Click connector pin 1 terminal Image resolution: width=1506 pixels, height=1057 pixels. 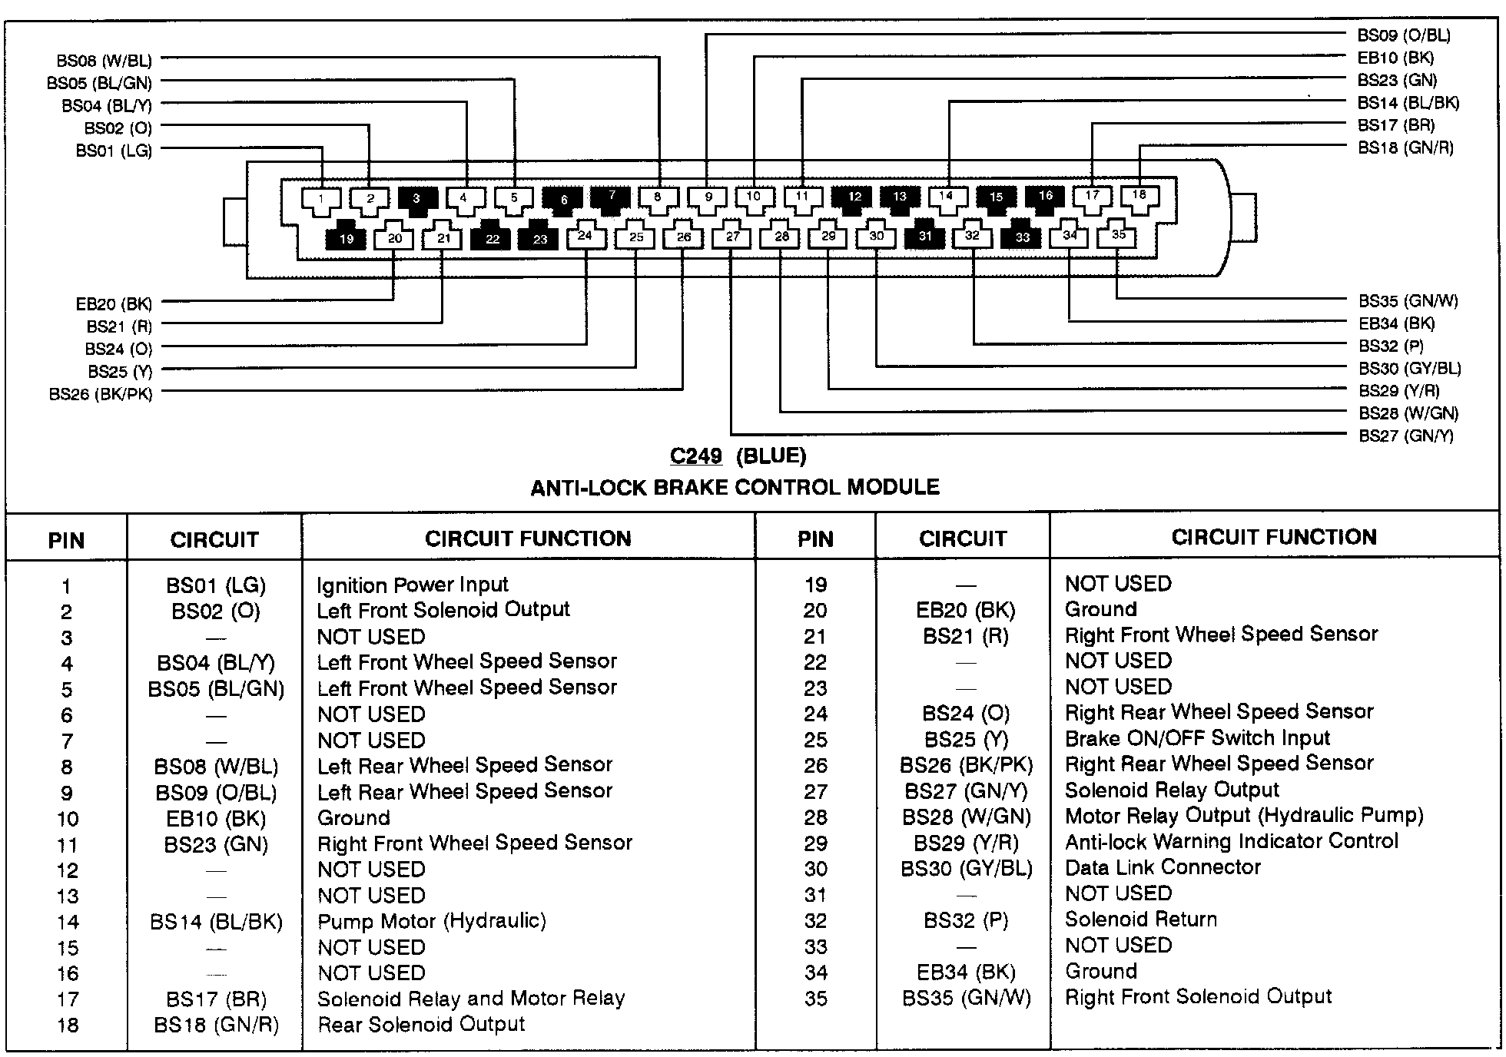(321, 200)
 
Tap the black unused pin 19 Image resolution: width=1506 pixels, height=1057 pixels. (346, 239)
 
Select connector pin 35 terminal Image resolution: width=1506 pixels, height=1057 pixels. (1119, 235)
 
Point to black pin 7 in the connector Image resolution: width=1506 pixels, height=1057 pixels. (612, 197)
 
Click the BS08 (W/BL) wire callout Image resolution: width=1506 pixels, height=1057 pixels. (104, 61)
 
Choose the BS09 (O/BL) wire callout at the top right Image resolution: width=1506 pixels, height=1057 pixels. (1404, 35)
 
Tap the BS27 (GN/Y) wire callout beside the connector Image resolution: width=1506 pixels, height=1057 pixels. (1405, 436)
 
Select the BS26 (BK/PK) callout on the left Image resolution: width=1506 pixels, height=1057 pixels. (101, 395)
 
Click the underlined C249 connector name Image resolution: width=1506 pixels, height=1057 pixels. (695, 456)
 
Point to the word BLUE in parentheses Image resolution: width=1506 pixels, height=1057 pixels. (771, 456)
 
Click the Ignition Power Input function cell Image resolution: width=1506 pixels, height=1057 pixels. (413, 585)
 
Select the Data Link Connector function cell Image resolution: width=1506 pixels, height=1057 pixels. (1163, 867)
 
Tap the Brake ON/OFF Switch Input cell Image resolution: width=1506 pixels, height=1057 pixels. (1197, 738)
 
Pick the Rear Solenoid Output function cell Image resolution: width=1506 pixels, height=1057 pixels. (421, 1024)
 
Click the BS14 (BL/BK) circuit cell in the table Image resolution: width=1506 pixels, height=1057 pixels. (216, 922)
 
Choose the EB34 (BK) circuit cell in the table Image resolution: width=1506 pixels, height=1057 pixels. (966, 973)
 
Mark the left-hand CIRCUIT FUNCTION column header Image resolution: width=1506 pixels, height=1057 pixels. (528, 538)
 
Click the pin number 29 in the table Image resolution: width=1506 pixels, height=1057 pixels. (815, 843)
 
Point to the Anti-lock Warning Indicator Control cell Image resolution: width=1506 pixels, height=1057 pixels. (1231, 841)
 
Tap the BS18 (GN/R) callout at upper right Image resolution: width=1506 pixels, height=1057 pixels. (1405, 148)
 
